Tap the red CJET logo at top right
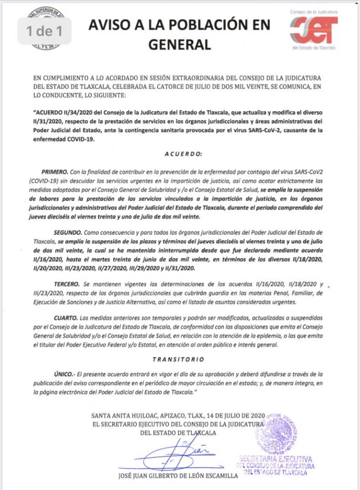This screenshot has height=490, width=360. coord(314,30)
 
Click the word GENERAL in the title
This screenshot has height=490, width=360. coord(180,45)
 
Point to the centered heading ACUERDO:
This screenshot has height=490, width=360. coord(180,155)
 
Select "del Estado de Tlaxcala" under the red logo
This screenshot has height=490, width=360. coord(314,48)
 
